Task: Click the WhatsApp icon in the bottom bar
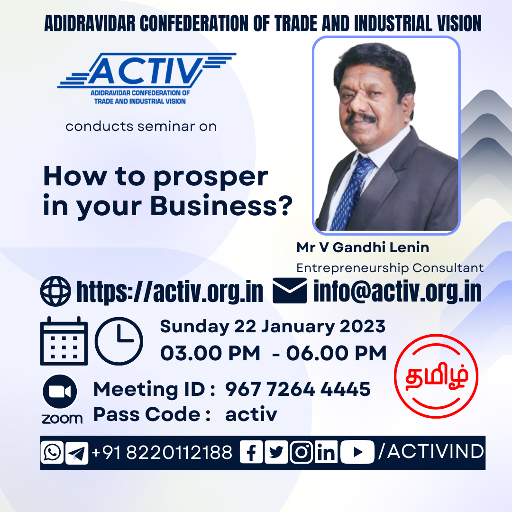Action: point(52,452)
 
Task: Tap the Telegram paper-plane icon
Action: point(77,453)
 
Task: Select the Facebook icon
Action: point(251,452)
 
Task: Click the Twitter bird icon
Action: point(276,452)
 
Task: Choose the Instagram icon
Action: point(302,452)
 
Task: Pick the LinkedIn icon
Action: point(326,452)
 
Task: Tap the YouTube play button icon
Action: point(357,452)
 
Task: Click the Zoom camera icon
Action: point(60,392)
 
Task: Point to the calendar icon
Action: point(64,341)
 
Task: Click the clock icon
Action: point(119,341)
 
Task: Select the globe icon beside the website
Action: point(55,291)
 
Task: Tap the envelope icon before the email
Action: point(290,291)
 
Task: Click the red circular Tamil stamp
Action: point(436,376)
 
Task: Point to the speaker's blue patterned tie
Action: point(354,192)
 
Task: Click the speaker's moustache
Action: point(361,118)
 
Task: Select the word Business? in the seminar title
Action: point(221,206)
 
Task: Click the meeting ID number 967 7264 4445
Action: point(298,389)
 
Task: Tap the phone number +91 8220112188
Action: point(162,453)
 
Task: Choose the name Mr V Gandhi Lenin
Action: point(363,247)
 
